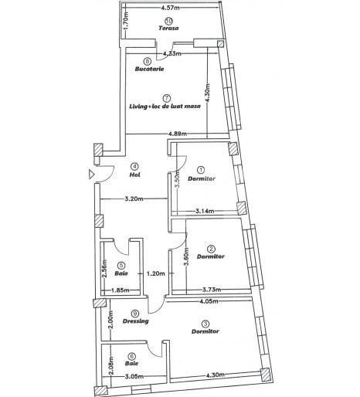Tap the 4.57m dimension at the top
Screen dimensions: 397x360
coord(172,8)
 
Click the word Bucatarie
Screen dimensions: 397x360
coord(149,69)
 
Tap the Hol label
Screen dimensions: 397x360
coord(134,175)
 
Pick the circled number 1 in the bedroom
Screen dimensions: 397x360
coord(201,170)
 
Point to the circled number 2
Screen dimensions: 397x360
coord(210,247)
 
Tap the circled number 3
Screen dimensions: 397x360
coord(205,324)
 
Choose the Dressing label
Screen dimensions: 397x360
coord(134,321)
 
